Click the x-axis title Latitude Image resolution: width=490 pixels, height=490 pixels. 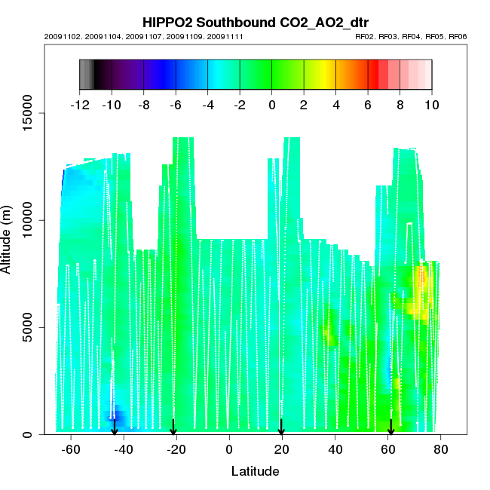point(255,471)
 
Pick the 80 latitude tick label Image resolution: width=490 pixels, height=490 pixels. point(441,450)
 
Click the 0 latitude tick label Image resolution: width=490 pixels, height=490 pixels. point(229,450)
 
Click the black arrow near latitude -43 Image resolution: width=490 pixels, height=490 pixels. point(115,427)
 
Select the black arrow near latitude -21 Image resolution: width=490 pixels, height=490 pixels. point(173,427)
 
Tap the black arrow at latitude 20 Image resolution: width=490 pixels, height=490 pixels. point(281,427)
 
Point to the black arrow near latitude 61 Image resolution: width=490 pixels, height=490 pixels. point(390,427)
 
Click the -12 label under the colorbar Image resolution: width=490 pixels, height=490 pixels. point(79,105)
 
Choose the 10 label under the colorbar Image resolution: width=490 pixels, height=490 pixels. point(431,105)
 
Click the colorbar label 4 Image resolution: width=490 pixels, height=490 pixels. point(335,105)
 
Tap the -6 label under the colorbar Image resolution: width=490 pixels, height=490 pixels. point(175,105)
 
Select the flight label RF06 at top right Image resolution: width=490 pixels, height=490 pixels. point(457,36)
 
